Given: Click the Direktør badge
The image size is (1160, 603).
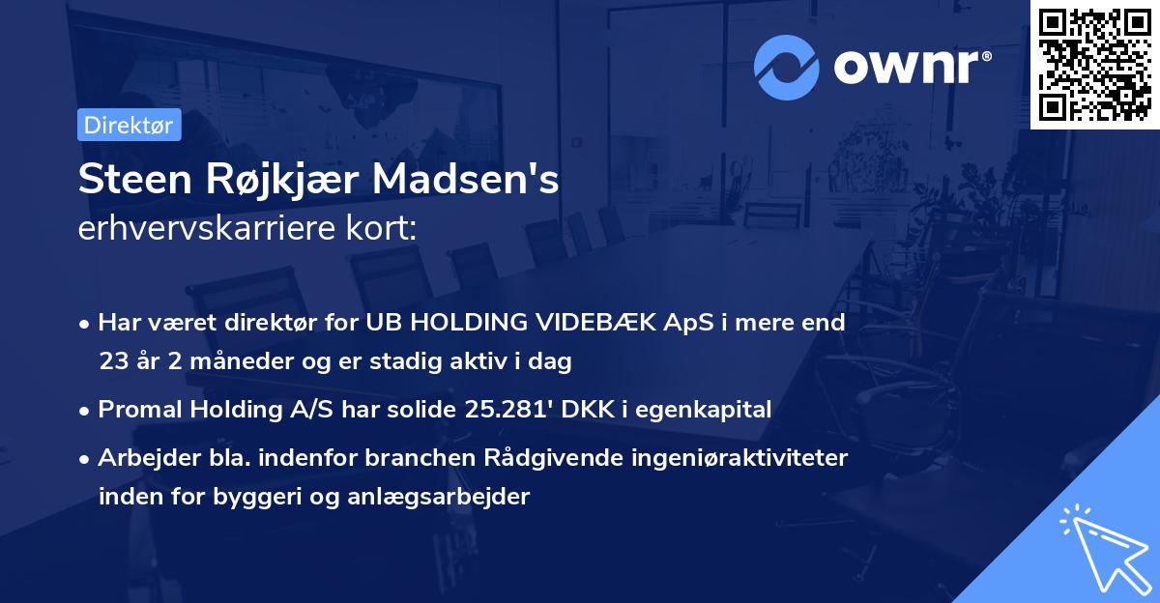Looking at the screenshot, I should tap(129, 125).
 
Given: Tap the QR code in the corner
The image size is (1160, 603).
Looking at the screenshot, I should tap(1094, 64).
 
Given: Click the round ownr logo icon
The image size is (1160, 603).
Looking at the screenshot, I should tap(787, 67).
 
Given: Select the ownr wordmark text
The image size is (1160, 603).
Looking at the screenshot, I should tap(912, 66).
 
